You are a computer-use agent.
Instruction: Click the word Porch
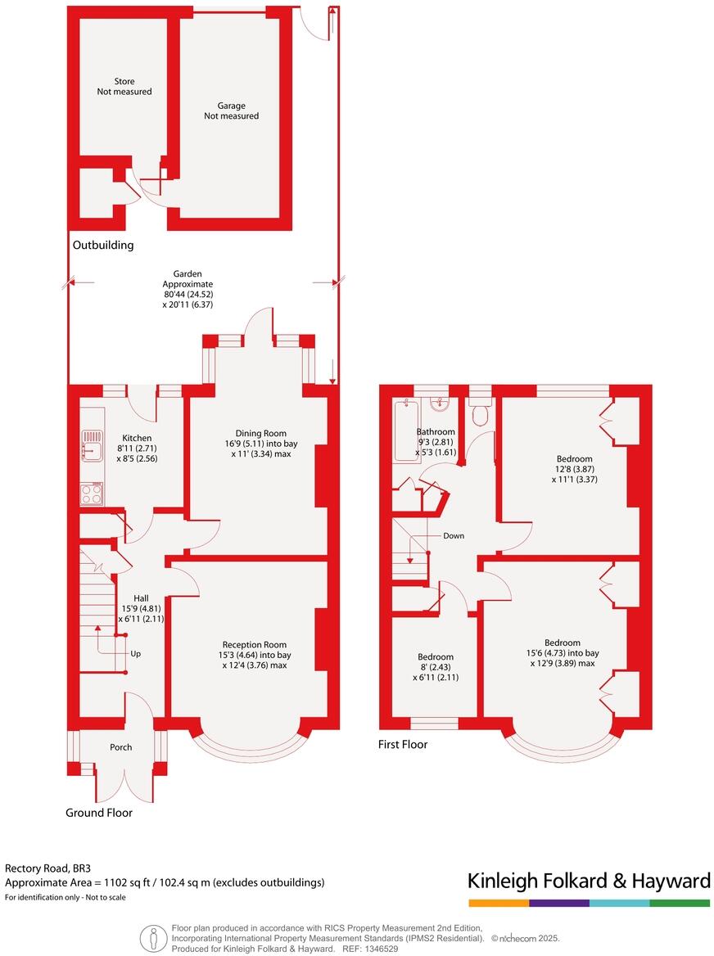(121, 747)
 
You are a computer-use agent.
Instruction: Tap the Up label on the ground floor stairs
(135, 654)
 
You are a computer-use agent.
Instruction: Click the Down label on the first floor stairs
(454, 536)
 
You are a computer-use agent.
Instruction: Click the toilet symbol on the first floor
(480, 413)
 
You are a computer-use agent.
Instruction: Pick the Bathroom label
(436, 431)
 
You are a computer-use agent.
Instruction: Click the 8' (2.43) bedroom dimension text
(436, 667)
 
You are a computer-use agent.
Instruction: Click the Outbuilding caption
(103, 246)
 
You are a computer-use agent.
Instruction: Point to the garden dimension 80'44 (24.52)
(187, 294)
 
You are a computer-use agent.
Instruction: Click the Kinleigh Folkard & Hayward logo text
(589, 881)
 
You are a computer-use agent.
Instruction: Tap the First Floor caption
(403, 744)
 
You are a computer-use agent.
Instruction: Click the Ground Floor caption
(99, 813)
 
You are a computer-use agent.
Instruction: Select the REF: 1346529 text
(370, 949)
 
